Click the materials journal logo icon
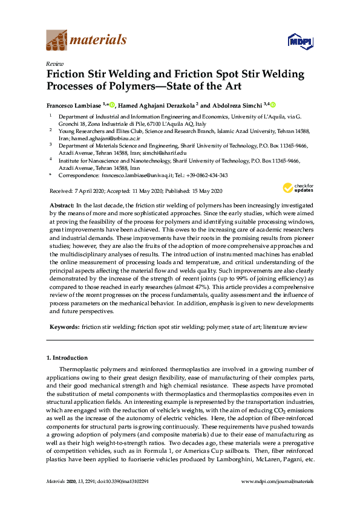pos(58,41)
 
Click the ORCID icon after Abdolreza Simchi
pos(273,105)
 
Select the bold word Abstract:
pos(62,206)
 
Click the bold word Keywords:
pos(64,327)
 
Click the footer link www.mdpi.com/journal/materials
pos(277,481)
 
